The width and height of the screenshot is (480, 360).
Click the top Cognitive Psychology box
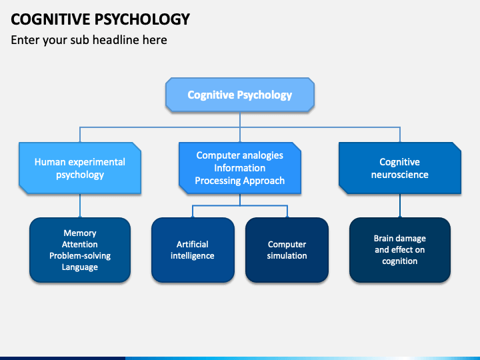pyautogui.click(x=240, y=94)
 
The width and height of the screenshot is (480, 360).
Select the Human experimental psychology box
pyautogui.click(x=80, y=168)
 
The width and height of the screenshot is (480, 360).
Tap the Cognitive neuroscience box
pyautogui.click(x=400, y=168)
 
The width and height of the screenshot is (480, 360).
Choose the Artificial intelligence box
pyautogui.click(x=193, y=250)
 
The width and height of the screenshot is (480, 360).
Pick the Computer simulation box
pyautogui.click(x=287, y=250)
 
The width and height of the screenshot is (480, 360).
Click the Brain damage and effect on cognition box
pyautogui.click(x=400, y=250)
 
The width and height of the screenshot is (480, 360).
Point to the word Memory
pyautogui.click(x=80, y=233)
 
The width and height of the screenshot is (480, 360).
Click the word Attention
pyautogui.click(x=80, y=244)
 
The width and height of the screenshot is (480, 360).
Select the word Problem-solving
pyautogui.click(x=80, y=255)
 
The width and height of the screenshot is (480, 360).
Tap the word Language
pyautogui.click(x=80, y=267)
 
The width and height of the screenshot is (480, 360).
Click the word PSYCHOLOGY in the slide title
pyautogui.click(x=142, y=19)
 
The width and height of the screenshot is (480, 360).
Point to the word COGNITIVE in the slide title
pyautogui.click(x=51, y=19)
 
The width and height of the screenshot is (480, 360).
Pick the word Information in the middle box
pyautogui.click(x=240, y=168)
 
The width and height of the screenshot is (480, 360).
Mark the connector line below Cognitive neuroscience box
pyautogui.click(x=400, y=206)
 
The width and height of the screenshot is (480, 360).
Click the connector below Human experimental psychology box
pyautogui.click(x=80, y=206)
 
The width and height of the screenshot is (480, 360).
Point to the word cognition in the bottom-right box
pyautogui.click(x=400, y=261)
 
